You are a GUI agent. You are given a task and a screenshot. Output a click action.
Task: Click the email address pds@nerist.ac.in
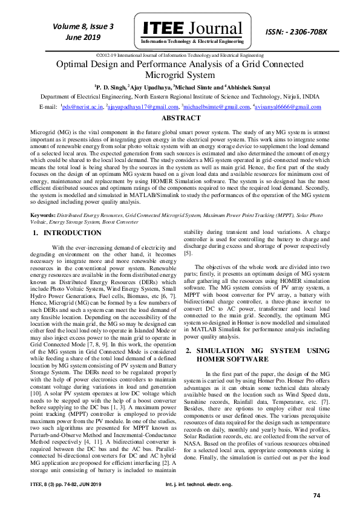coord(82,107)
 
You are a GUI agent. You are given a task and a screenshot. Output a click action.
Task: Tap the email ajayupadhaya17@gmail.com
coord(138,107)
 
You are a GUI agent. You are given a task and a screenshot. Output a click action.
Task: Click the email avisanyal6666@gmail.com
coord(287,107)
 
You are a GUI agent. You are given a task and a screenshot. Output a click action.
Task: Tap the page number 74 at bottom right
coord(316,496)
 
